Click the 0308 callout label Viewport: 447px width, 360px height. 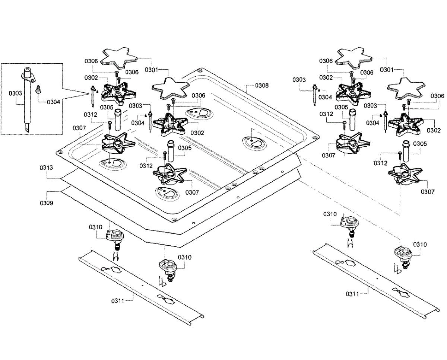pos(261,86)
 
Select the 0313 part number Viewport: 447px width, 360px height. pos(47,168)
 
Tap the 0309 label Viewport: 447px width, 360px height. pos(47,203)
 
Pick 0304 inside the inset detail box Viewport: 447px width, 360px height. pos(54,101)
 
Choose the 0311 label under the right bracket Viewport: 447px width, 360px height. pos(352,294)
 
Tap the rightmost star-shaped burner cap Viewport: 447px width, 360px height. pos(405,87)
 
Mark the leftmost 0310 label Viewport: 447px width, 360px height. pos(95,227)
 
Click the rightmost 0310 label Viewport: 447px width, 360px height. pos(419,245)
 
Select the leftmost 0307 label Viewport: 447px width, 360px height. pos(79,128)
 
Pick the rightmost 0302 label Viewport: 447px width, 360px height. pos(434,130)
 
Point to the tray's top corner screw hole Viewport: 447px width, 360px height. pos(200,70)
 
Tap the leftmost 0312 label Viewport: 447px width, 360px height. pos(91,114)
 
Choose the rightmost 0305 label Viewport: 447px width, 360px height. pos(421,144)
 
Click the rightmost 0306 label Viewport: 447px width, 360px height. pos(437,96)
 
